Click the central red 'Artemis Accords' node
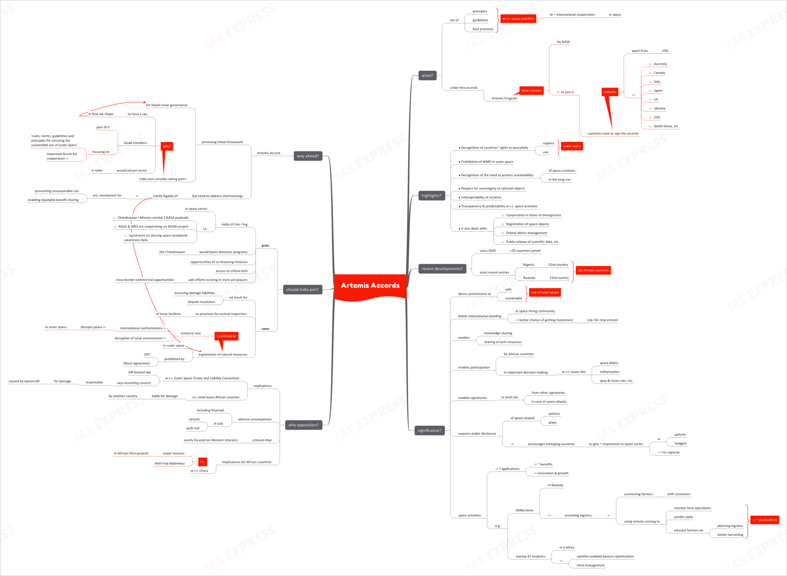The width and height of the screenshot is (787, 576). tap(370, 286)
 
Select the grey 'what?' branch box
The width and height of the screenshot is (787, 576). tap(427, 76)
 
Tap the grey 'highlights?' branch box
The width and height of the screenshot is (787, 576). tap(432, 196)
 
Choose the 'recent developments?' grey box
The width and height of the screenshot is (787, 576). tap(442, 269)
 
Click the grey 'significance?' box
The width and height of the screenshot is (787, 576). tap(430, 430)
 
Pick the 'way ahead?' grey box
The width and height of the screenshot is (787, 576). tap(308, 156)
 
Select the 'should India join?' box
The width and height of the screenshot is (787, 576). tap(302, 290)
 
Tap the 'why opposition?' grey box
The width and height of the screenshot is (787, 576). tap(304, 425)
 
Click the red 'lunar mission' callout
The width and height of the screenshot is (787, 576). tap(531, 91)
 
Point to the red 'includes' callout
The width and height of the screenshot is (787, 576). tap(610, 92)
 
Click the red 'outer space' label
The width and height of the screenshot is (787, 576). tap(572, 146)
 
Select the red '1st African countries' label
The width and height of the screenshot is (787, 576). tap(593, 270)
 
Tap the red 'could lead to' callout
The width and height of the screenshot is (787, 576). tap(226, 336)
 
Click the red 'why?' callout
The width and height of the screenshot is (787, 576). tap(167, 146)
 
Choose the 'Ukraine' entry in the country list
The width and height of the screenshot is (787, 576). tap(659, 109)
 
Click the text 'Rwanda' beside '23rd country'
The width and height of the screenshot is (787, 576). tap(529, 278)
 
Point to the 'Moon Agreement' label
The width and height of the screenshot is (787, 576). tap(137, 364)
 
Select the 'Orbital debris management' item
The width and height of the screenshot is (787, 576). tap(526, 233)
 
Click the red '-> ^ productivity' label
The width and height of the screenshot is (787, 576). tap(765, 520)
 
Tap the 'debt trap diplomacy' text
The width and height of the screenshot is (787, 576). tap(169, 463)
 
